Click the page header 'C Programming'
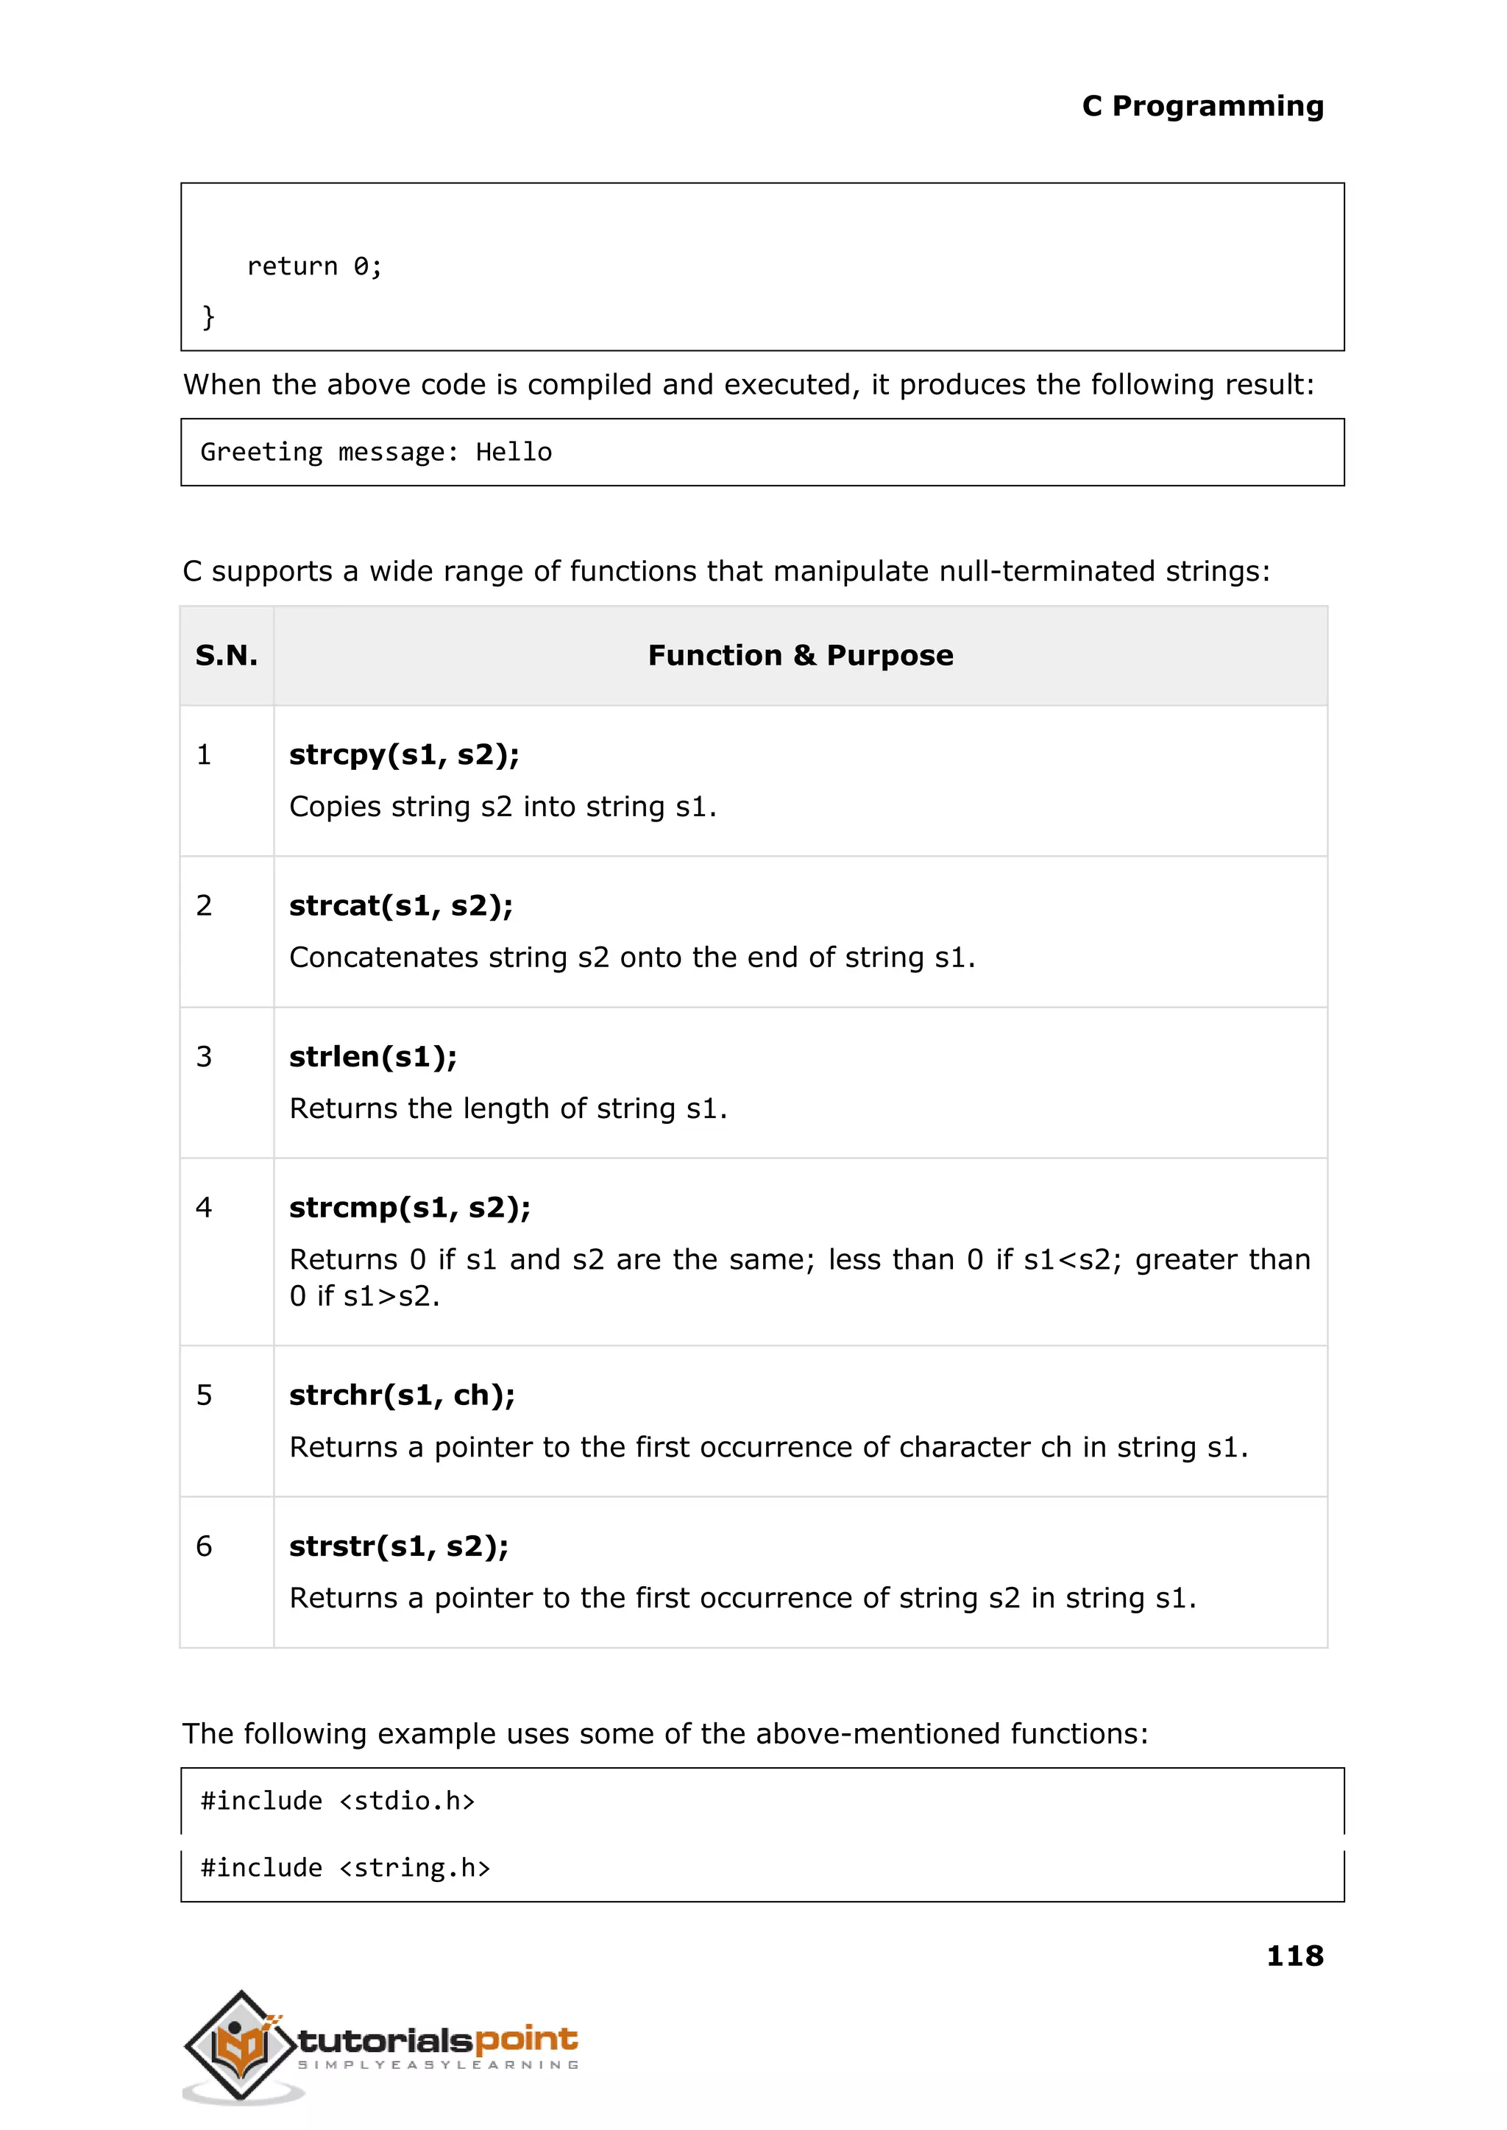point(1202,106)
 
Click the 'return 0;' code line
point(313,266)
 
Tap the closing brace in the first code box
point(209,316)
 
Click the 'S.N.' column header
point(227,655)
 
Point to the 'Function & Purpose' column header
point(800,655)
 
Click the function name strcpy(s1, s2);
point(404,754)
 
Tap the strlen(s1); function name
point(373,1056)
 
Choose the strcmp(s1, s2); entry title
point(409,1208)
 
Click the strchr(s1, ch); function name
point(402,1395)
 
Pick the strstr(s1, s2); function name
point(399,1546)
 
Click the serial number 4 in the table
point(204,1208)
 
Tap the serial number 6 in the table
point(204,1546)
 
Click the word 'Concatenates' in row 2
point(383,958)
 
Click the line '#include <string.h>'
point(345,1867)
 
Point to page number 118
point(1294,1956)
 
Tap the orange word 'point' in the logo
point(526,2039)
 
